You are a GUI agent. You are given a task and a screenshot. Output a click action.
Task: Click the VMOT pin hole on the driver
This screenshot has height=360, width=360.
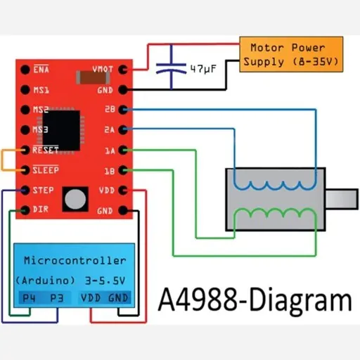123,70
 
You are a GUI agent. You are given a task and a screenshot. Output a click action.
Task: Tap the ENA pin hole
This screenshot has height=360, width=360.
25,70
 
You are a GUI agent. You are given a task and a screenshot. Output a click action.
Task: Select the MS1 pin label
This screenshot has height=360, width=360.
41,90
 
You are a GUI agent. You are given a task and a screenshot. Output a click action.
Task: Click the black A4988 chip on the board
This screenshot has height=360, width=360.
61,131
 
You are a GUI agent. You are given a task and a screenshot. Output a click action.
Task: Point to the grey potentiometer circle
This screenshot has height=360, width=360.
75,199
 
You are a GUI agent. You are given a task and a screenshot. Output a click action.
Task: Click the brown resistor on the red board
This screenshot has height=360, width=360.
93,77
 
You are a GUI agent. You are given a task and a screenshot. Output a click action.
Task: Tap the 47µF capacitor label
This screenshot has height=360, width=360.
203,69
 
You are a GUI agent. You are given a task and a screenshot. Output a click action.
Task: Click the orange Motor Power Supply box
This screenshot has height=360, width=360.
291,54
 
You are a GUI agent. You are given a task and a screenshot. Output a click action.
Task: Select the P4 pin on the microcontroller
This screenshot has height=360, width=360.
29,298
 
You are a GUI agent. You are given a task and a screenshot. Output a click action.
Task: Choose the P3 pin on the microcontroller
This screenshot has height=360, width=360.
57,298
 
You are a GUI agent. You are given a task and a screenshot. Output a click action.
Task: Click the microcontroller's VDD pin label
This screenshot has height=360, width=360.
91,298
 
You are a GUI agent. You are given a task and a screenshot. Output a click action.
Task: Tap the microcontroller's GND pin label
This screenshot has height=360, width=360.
118,298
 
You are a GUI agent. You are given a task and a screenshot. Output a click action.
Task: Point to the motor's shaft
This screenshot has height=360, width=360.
342,199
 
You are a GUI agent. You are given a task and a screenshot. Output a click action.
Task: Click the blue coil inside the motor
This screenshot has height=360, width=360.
276,185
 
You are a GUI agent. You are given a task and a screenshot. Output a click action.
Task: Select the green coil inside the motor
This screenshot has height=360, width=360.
276,213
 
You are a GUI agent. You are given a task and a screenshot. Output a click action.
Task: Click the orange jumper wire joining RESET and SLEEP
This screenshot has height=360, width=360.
2,160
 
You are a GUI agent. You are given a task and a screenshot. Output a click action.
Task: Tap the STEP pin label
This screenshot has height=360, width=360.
43,190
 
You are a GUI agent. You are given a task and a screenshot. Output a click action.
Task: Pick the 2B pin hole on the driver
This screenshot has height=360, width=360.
123,110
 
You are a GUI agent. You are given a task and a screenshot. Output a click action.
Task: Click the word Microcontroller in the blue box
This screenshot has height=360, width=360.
75,261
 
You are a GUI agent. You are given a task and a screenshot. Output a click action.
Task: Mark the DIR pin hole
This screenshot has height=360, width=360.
25,210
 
